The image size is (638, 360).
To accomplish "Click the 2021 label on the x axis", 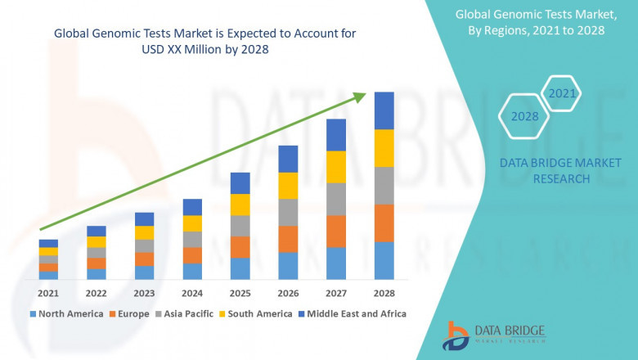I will point(48,293).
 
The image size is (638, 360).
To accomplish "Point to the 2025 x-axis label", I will point(240,293).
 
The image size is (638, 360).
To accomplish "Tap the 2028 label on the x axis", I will point(384,293).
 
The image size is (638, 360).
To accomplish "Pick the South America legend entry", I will point(257,313).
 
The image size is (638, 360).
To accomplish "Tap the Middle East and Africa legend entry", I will point(357,313).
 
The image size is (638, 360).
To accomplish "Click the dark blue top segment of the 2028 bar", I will point(384,110).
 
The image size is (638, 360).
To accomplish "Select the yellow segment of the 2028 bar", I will point(384,148).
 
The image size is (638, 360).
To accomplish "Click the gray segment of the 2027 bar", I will point(336,199).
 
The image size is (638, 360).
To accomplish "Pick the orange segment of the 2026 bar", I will point(288,239).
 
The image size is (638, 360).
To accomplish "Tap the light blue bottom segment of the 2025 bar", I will point(240,268).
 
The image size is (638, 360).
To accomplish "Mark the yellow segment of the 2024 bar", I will point(192,223).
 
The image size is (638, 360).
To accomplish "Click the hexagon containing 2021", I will point(562,93).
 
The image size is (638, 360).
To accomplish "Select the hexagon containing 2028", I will point(524,116).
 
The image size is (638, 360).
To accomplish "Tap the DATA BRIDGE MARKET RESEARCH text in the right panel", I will point(550,171).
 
